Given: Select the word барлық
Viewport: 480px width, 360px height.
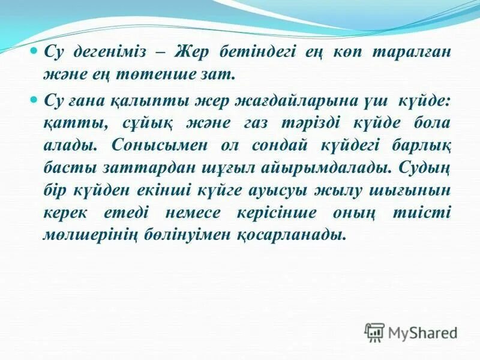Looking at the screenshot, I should (x=419, y=146).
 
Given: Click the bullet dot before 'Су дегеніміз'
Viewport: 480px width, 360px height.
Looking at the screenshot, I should (x=34, y=52).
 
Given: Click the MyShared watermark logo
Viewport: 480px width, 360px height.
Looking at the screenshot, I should (x=410, y=332).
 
